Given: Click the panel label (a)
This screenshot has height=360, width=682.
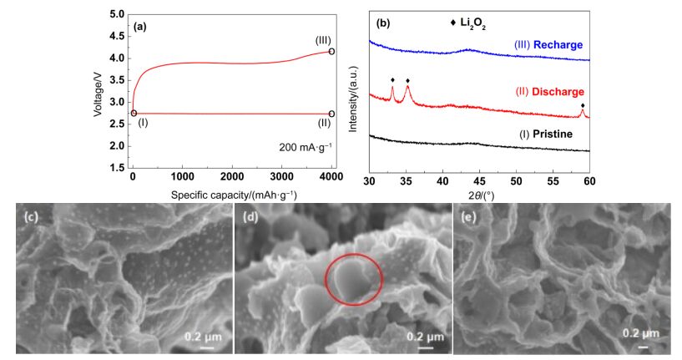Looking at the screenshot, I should [140, 26].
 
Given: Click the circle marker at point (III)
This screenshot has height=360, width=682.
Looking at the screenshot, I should [331, 52].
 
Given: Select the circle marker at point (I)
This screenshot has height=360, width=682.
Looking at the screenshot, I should [134, 114].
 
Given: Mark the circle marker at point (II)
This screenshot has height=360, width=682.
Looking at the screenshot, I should [331, 114].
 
